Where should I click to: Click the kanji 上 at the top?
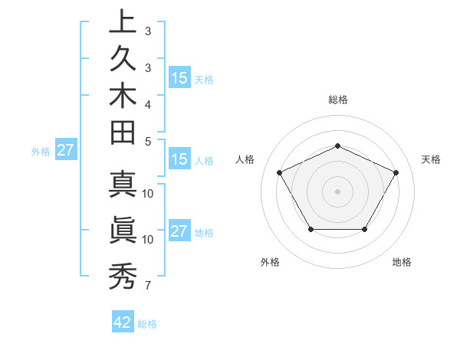121,23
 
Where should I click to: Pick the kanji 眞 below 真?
121,231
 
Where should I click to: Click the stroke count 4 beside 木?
147,104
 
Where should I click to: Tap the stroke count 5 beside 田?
147,141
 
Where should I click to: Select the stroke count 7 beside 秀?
147,286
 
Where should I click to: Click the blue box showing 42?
123,322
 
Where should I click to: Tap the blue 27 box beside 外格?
65,150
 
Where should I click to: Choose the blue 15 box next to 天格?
179,77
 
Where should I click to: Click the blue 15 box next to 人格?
179,159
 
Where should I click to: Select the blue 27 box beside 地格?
179,231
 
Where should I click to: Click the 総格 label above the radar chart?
338,100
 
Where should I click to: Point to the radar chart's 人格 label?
245,159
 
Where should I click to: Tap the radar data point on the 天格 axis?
396,172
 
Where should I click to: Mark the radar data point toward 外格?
310,229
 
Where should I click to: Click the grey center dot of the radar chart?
338,191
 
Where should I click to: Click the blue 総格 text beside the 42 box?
147,324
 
